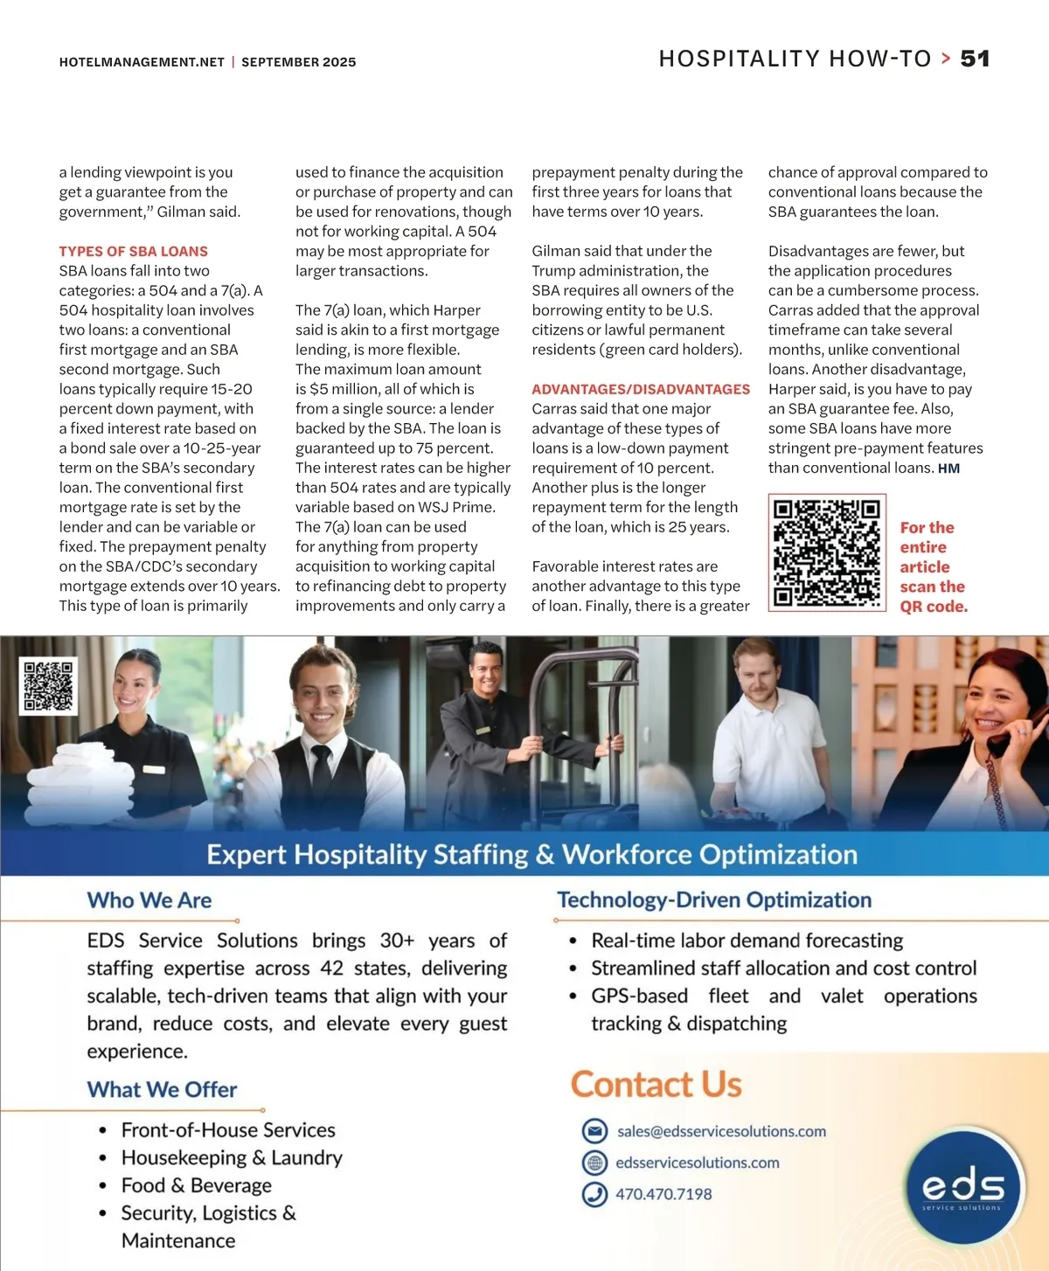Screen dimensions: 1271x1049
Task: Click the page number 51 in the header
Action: click(975, 59)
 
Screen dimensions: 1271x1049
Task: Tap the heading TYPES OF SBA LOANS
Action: click(133, 251)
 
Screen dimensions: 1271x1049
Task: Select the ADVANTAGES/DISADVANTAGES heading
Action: click(641, 389)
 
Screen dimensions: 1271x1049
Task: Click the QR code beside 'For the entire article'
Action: click(827, 552)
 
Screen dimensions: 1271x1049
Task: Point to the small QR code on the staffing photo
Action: click(48, 685)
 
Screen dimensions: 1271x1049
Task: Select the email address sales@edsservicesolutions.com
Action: click(721, 1131)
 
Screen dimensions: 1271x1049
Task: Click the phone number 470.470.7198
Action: click(663, 1194)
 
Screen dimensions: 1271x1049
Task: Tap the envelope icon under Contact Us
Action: click(594, 1131)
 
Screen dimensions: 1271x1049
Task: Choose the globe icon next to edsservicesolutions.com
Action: click(594, 1163)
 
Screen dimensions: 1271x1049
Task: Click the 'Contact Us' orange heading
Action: click(656, 1085)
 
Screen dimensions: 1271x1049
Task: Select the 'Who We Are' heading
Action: click(149, 900)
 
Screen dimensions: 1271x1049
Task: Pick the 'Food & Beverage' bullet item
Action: click(196, 1185)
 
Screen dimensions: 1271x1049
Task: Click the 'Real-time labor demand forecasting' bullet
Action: click(747, 941)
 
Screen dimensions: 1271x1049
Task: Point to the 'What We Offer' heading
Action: click(162, 1090)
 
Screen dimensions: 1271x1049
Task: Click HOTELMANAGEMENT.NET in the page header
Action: click(142, 62)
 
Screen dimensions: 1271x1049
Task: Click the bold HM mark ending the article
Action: click(948, 469)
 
